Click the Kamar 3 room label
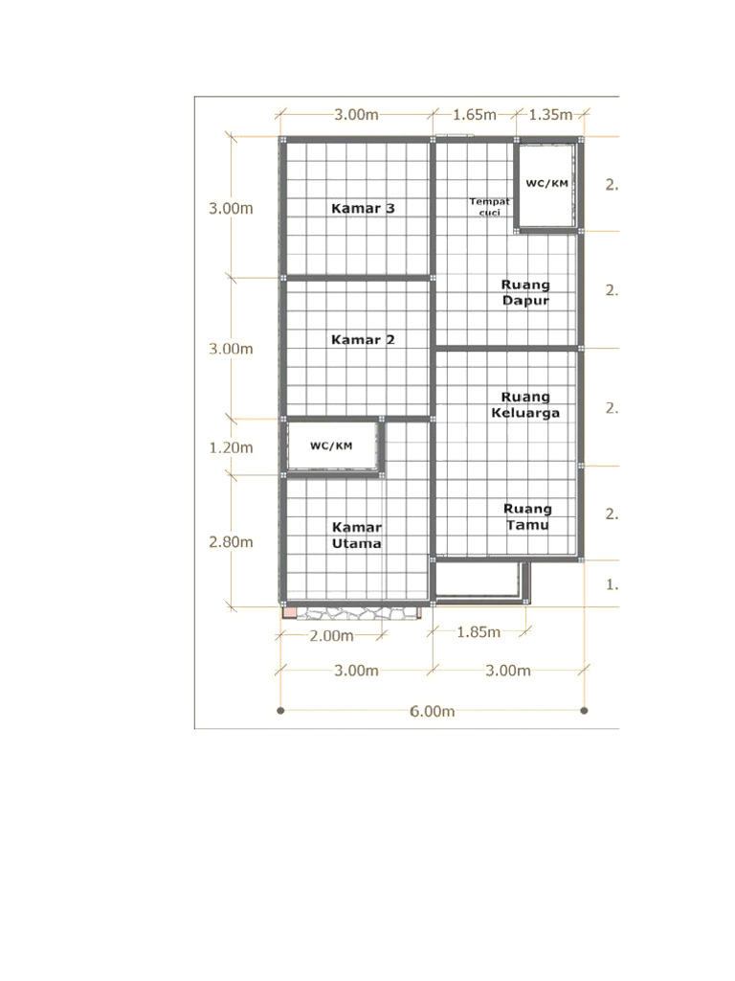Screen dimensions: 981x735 click(363, 208)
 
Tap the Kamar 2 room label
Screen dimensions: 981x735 click(363, 339)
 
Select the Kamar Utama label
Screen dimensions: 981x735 click(357, 535)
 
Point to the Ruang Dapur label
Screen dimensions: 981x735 click(525, 292)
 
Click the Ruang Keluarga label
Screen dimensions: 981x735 click(525, 404)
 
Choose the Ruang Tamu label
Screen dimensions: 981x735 click(527, 516)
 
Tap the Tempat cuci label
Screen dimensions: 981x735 click(490, 206)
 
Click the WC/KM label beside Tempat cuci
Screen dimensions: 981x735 click(547, 183)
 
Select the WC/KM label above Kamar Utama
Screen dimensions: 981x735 click(331, 445)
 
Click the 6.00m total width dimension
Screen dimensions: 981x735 click(433, 711)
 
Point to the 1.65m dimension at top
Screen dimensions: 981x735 click(475, 115)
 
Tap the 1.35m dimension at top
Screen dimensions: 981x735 click(550, 115)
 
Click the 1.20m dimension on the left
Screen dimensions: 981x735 click(232, 447)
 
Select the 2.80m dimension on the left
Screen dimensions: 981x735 click(232, 541)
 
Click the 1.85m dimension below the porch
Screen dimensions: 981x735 click(479, 631)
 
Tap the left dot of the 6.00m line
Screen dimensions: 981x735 click(280, 711)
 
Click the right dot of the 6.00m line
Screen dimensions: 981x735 click(584, 711)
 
